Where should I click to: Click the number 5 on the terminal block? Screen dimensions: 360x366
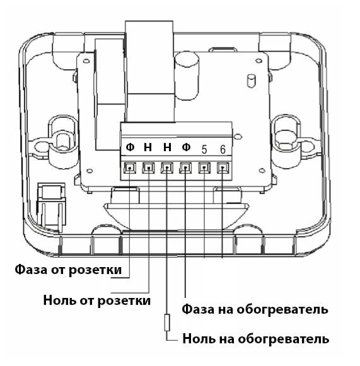pyautogui.click(x=204, y=150)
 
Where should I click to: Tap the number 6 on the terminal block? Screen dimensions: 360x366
pyautogui.click(x=223, y=150)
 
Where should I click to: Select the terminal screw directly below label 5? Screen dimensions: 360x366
pyautogui.click(x=204, y=168)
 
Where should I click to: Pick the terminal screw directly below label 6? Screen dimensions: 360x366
pyautogui.click(x=223, y=168)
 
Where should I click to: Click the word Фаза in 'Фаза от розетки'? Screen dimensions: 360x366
pyautogui.click(x=31, y=269)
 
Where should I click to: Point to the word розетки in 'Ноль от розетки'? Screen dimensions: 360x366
pyautogui.click(x=124, y=300)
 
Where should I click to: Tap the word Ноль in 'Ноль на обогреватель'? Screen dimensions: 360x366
pyautogui.click(x=199, y=338)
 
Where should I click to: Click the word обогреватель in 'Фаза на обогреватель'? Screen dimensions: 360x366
pyautogui.click(x=282, y=309)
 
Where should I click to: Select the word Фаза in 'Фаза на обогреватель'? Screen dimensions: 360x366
pyautogui.click(x=198, y=309)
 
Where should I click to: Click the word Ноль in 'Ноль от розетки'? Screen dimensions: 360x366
pyautogui.click(x=59, y=300)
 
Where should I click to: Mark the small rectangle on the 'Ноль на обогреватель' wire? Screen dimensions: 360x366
pyautogui.click(x=167, y=323)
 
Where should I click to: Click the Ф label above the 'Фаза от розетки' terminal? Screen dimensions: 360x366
pyautogui.click(x=130, y=147)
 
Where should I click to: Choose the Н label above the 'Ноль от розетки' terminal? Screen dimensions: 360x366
pyautogui.click(x=148, y=147)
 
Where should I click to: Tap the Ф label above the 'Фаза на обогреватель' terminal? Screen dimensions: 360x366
pyautogui.click(x=186, y=147)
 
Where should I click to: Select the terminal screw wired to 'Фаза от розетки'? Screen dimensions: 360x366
pyautogui.click(x=130, y=168)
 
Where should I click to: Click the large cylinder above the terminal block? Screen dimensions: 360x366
pyautogui.click(x=187, y=76)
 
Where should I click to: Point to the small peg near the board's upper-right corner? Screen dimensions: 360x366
pyautogui.click(x=251, y=81)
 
